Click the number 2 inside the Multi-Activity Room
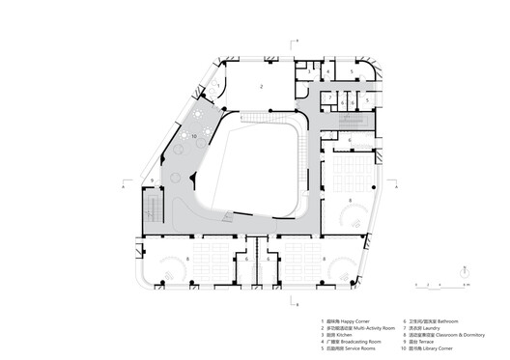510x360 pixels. (261, 87)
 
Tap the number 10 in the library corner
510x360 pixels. (194, 138)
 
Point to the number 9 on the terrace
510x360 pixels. (152, 181)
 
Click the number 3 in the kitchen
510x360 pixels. (308, 70)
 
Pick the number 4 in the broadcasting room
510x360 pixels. (328, 70)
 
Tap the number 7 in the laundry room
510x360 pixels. (329, 97)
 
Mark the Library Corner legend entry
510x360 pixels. (441, 347)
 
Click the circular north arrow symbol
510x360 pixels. (467, 273)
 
